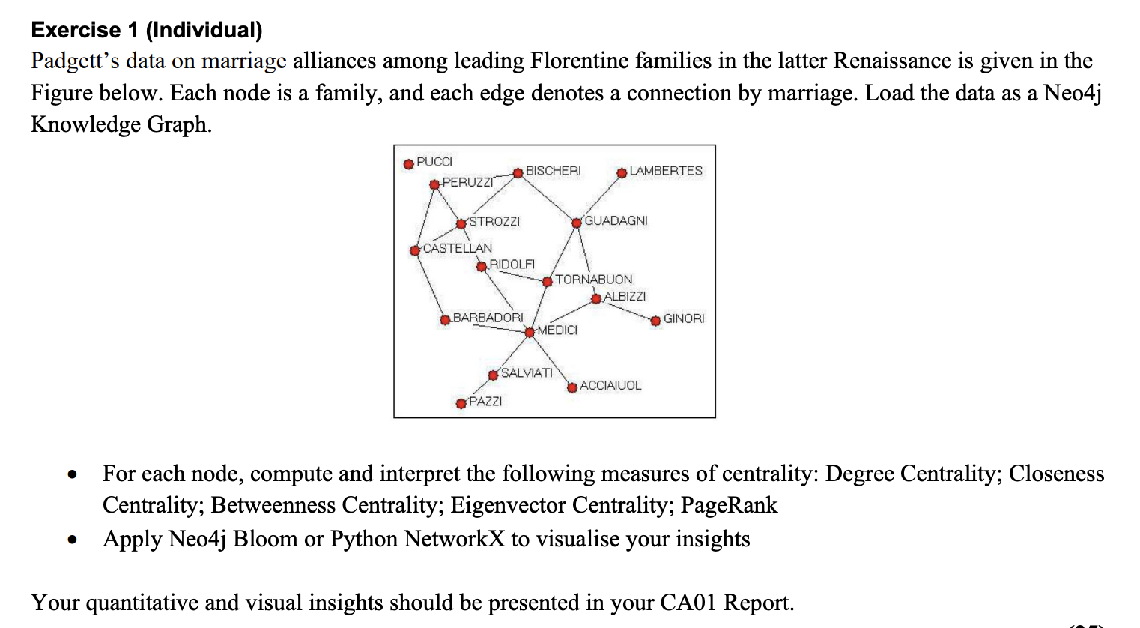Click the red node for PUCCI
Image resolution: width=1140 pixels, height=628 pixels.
(x=408, y=164)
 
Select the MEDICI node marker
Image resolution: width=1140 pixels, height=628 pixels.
(x=530, y=332)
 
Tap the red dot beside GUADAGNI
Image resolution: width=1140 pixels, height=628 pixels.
(x=577, y=223)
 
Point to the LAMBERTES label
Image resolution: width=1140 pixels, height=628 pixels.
(x=666, y=171)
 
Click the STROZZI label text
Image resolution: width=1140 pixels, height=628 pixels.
(x=494, y=222)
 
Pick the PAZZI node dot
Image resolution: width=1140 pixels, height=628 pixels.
(x=461, y=404)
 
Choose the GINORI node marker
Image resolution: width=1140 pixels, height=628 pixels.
(x=655, y=321)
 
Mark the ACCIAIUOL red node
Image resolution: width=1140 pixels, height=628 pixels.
(x=572, y=387)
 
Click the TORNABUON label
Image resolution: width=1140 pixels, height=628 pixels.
(x=593, y=280)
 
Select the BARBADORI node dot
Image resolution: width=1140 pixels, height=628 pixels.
(x=445, y=320)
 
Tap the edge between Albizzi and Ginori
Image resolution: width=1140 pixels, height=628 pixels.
(x=625, y=310)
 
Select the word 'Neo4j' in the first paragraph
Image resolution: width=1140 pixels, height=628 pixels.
(x=1072, y=93)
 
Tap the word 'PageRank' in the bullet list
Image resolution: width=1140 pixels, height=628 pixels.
(x=729, y=505)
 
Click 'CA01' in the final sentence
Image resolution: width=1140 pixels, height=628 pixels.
(x=688, y=603)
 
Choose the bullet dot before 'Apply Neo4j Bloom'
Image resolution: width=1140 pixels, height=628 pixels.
(x=72, y=540)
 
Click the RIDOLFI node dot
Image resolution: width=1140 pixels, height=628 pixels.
(x=482, y=267)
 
